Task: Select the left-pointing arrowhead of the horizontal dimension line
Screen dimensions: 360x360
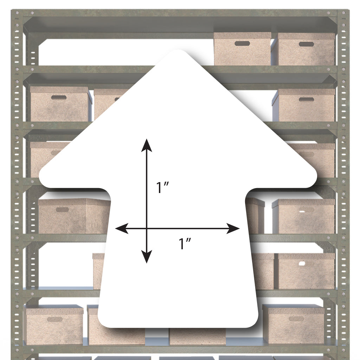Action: pos(122,229)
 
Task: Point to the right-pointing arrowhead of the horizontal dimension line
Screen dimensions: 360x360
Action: pos(233,229)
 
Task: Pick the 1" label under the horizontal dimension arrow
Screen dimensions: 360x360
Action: pos(185,244)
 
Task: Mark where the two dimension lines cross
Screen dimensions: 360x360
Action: pos(147,229)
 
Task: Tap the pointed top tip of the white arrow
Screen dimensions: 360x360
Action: pos(178,50)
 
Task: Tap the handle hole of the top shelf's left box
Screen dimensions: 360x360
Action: pos(242,43)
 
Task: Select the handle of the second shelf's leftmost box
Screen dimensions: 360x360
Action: pos(59,98)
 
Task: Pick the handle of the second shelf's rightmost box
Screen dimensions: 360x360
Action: pos(307,99)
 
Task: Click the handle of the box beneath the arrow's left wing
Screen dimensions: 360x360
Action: pos(62,210)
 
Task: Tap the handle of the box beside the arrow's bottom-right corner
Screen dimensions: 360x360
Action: pos(296,319)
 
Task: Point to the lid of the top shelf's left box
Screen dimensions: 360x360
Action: pos(242,35)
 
